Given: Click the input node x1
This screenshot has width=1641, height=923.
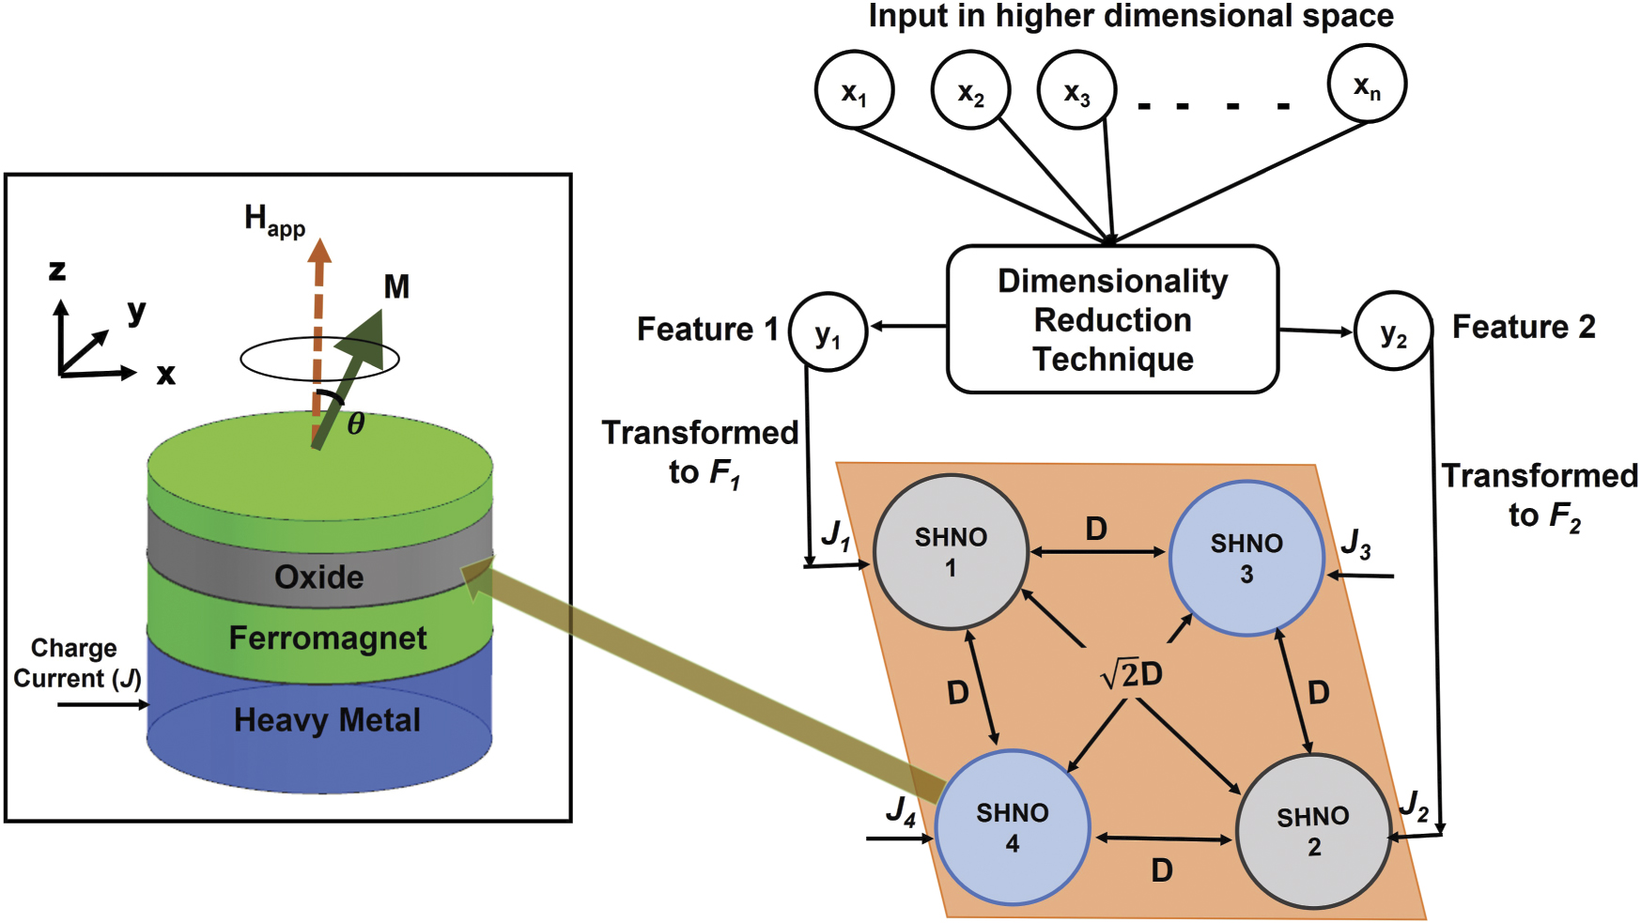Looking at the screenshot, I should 853,90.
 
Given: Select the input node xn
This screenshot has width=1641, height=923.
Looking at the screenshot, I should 1367,85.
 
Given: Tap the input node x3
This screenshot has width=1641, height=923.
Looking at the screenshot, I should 1076,90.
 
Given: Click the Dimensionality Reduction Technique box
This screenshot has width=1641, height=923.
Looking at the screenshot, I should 1112,319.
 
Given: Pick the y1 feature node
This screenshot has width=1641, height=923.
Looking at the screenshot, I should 828,331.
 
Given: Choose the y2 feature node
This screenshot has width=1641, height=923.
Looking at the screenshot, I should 1393,331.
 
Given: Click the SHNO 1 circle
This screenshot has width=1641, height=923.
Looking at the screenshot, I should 951,552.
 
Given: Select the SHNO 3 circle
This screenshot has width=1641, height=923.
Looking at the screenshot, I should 1246,559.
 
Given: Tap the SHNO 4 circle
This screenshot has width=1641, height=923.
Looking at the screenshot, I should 1012,827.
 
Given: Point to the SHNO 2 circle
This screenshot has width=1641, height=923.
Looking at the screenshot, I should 1312,831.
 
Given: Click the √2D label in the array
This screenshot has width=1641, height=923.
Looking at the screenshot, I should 1132,673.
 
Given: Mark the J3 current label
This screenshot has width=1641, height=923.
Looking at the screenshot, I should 1355,543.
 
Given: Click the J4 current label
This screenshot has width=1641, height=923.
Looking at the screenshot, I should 900,810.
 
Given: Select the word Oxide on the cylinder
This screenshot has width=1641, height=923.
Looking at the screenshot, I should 318,577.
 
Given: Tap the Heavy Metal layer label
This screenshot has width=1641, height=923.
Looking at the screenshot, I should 327,720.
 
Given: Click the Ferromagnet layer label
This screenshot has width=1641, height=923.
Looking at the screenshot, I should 327,638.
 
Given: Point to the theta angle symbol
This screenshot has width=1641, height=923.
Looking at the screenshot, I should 356,424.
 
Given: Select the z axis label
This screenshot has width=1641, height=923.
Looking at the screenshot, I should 57,270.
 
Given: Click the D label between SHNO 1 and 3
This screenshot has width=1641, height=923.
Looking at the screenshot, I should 1095,529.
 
